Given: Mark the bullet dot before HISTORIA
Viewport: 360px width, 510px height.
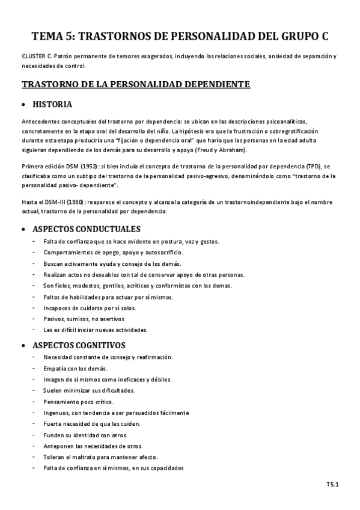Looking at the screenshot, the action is (x=23, y=105).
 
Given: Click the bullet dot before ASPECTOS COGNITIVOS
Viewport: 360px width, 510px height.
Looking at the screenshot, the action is (x=23, y=346).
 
